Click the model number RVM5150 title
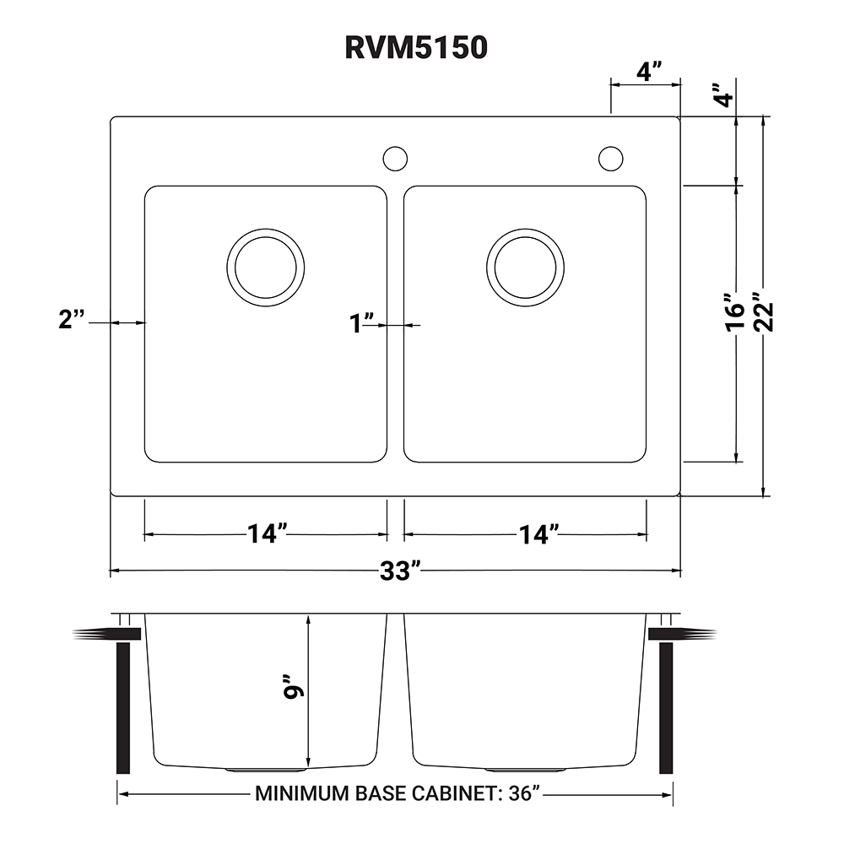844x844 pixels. [x=416, y=48]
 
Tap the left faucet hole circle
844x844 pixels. [x=395, y=158]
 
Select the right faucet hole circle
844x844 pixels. [x=611, y=158]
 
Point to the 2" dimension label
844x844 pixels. [x=73, y=321]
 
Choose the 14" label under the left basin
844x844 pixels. [x=267, y=534]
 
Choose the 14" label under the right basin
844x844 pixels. [x=538, y=534]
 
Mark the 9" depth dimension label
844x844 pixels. [x=293, y=690]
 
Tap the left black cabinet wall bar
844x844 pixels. [x=122, y=709]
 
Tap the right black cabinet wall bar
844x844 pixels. [x=666, y=709]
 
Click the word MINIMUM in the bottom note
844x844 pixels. [x=295, y=794]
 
